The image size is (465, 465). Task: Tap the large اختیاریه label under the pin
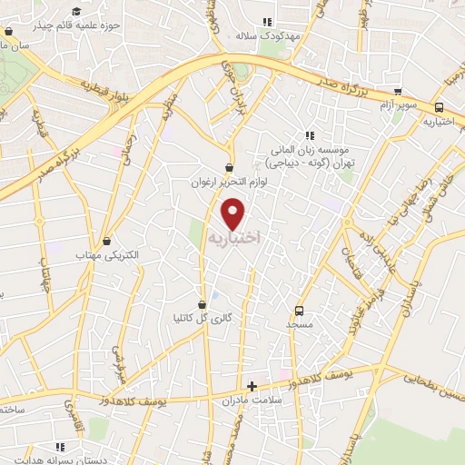[x=234, y=237]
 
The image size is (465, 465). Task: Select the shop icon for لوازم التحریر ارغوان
[x=228, y=168]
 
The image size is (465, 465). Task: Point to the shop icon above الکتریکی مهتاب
[x=109, y=242]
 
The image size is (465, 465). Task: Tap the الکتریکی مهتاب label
[x=109, y=256]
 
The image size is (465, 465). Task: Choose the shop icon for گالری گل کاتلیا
[x=202, y=304]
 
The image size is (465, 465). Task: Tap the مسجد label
[x=299, y=323]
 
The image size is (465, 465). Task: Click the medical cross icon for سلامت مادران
[x=252, y=386]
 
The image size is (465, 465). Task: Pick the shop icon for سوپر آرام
[x=398, y=92]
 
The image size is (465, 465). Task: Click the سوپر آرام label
[x=399, y=106]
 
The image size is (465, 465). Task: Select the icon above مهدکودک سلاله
[x=267, y=22]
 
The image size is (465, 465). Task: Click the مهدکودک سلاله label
[x=267, y=36]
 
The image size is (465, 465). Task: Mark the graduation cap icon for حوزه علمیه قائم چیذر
[x=77, y=10]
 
